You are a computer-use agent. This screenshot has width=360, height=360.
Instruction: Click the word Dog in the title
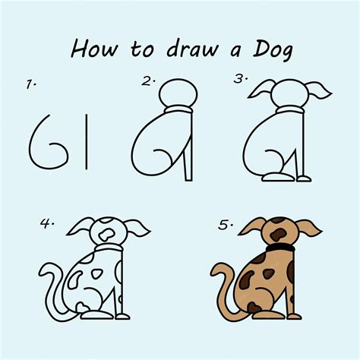(x=273, y=51)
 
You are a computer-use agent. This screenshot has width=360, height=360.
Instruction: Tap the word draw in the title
(x=192, y=49)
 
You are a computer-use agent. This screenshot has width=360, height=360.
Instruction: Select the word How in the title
(x=94, y=49)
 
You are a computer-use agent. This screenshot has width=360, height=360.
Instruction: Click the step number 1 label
(x=31, y=84)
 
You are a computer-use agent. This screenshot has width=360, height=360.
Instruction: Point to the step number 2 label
(x=148, y=81)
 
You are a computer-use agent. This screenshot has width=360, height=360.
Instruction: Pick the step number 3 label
(x=241, y=79)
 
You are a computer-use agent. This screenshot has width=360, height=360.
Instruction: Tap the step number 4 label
(x=47, y=223)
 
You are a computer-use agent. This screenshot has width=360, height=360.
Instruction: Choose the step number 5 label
(x=226, y=225)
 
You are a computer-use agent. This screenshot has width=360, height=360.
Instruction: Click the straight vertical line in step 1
(x=87, y=142)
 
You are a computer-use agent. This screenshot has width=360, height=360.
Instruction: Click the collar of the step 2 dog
(x=178, y=109)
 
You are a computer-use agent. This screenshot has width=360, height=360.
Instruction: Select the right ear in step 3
(x=318, y=89)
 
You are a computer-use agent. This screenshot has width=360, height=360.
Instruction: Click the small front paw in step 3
(x=304, y=179)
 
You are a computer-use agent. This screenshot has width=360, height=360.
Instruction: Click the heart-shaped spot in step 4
(x=83, y=307)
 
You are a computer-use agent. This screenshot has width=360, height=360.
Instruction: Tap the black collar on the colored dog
(x=280, y=248)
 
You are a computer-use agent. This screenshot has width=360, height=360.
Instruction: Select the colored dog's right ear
(x=308, y=229)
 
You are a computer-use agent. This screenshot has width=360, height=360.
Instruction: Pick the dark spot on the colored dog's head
(x=278, y=235)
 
